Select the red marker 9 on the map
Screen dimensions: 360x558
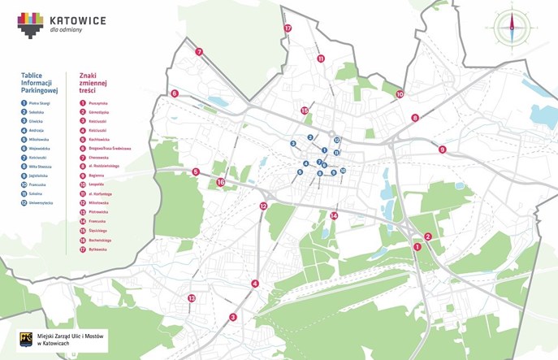[443, 150]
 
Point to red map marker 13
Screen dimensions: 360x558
[192, 298]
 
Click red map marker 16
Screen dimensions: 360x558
[221, 183]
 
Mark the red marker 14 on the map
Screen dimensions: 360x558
[334, 215]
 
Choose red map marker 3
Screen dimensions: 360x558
[233, 317]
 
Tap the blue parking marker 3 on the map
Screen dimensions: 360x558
[293, 144]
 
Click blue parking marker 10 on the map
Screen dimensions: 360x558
[344, 171]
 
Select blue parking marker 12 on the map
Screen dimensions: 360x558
[336, 141]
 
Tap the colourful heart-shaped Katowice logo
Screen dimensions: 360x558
[31, 24]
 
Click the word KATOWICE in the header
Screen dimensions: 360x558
[77, 19]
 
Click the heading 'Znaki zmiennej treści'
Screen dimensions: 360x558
[93, 81]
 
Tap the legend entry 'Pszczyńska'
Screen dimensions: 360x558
[100, 103]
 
